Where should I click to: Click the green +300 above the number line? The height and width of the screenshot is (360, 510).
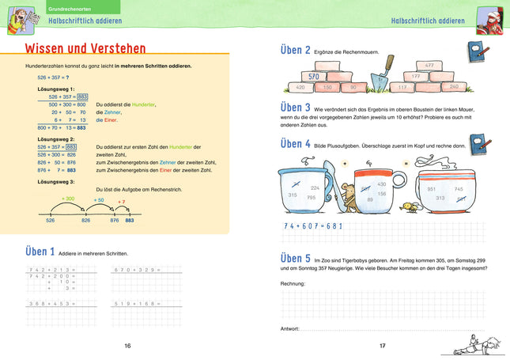click(x=69, y=198)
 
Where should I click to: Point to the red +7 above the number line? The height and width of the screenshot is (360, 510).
click(x=121, y=202)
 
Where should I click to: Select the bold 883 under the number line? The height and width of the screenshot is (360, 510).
click(x=130, y=222)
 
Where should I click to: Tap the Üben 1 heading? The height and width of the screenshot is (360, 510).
click(x=29, y=252)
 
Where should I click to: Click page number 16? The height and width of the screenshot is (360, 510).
click(x=127, y=346)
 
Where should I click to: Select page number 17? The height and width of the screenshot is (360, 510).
click(x=382, y=346)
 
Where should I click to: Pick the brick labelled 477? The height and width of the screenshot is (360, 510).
click(x=429, y=66)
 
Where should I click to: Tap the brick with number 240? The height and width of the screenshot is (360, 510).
click(x=453, y=86)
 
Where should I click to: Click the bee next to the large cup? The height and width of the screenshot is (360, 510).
click(x=410, y=207)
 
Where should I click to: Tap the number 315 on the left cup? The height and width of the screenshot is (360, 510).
click(x=293, y=195)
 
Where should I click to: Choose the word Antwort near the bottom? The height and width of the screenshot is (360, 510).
click(x=290, y=328)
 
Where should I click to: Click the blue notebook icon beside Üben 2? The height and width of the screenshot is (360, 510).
click(x=476, y=52)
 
